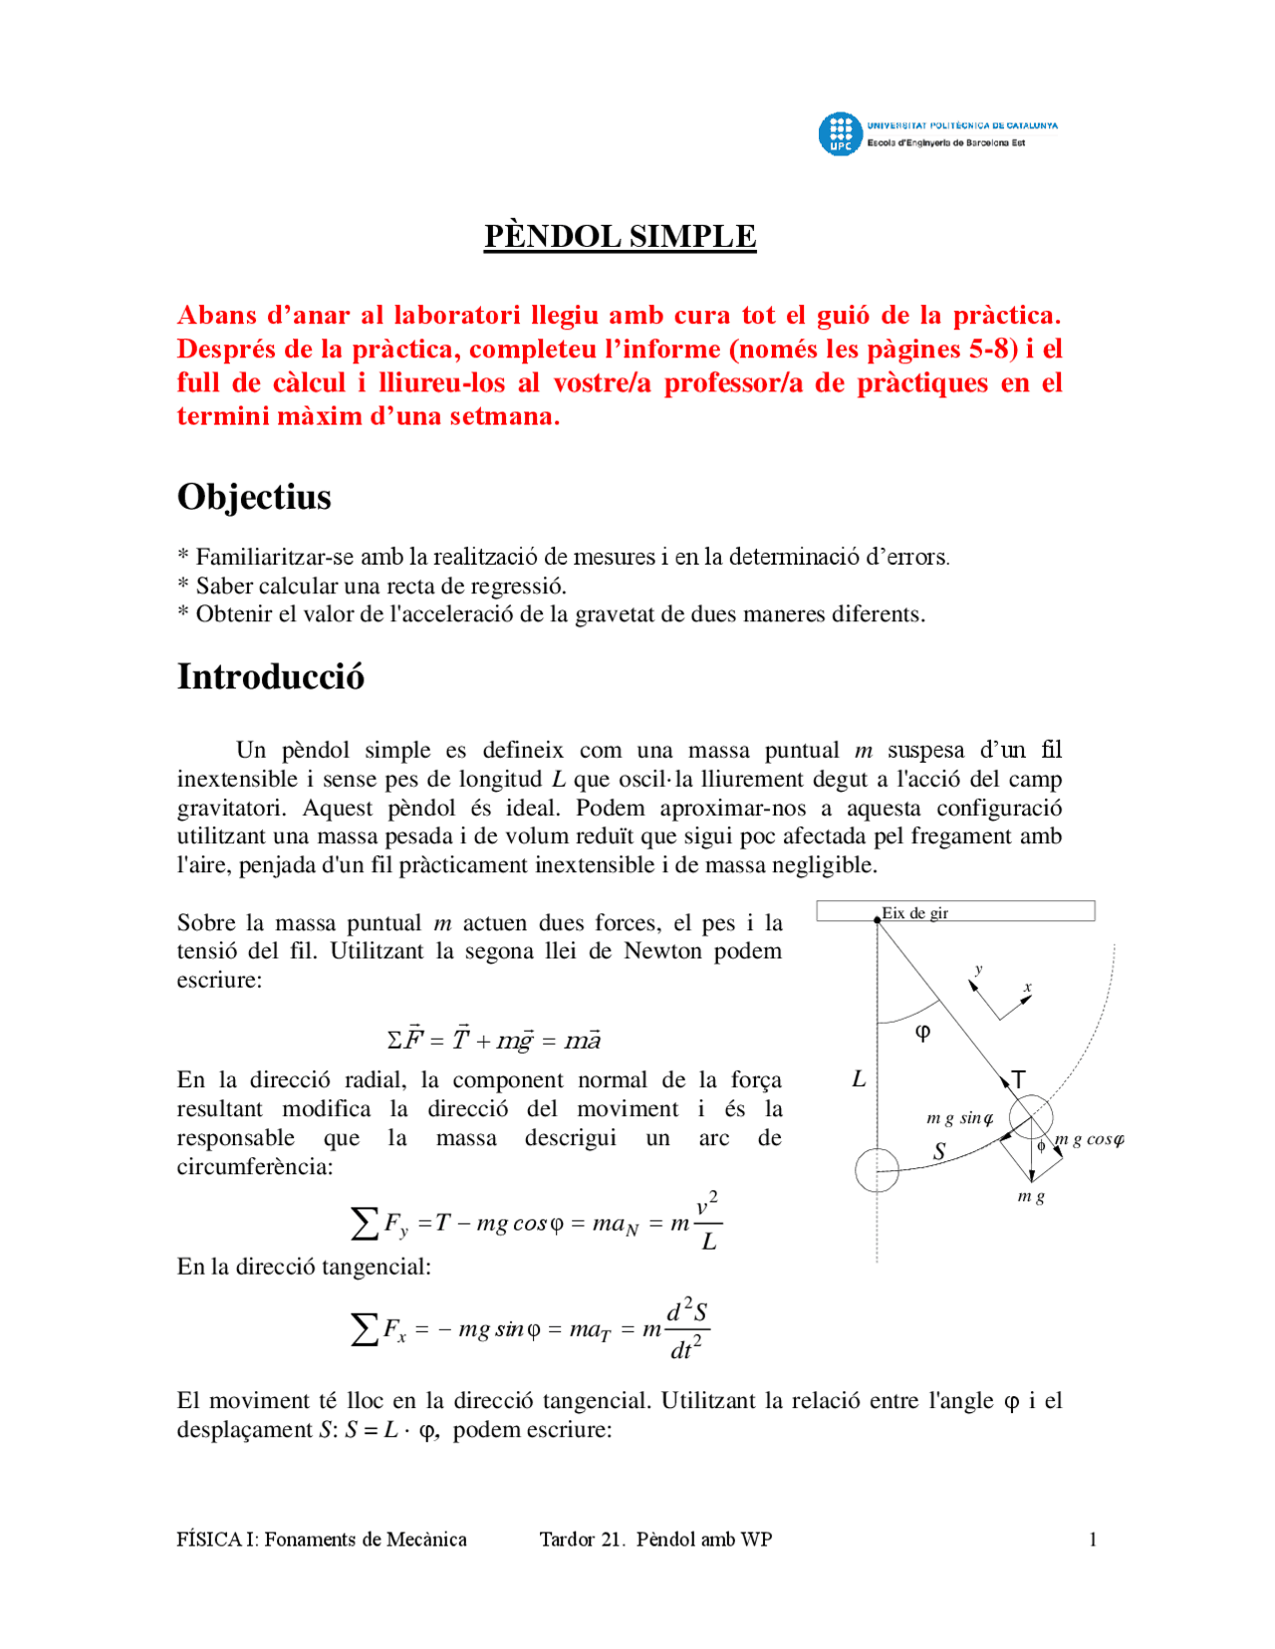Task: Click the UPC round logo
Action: click(x=840, y=134)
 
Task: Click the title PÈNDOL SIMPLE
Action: click(x=620, y=236)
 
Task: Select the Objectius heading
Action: click(x=254, y=496)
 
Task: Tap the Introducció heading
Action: click(x=270, y=676)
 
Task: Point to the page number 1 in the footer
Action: click(x=1093, y=1539)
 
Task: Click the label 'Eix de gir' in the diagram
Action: click(x=914, y=913)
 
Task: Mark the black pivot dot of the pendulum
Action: click(x=878, y=920)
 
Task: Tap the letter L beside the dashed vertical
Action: click(x=859, y=1079)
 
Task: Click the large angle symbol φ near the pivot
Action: click(x=922, y=1032)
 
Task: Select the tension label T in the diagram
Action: click(x=1018, y=1079)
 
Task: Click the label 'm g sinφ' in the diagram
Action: click(x=959, y=1118)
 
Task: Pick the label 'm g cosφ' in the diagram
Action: click(x=1090, y=1139)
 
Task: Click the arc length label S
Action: click(x=938, y=1152)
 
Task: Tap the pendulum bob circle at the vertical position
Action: click(x=877, y=1170)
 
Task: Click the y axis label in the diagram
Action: click(x=978, y=969)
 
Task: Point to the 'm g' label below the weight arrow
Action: click(x=1031, y=1196)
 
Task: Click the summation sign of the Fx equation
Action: click(x=365, y=1328)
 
